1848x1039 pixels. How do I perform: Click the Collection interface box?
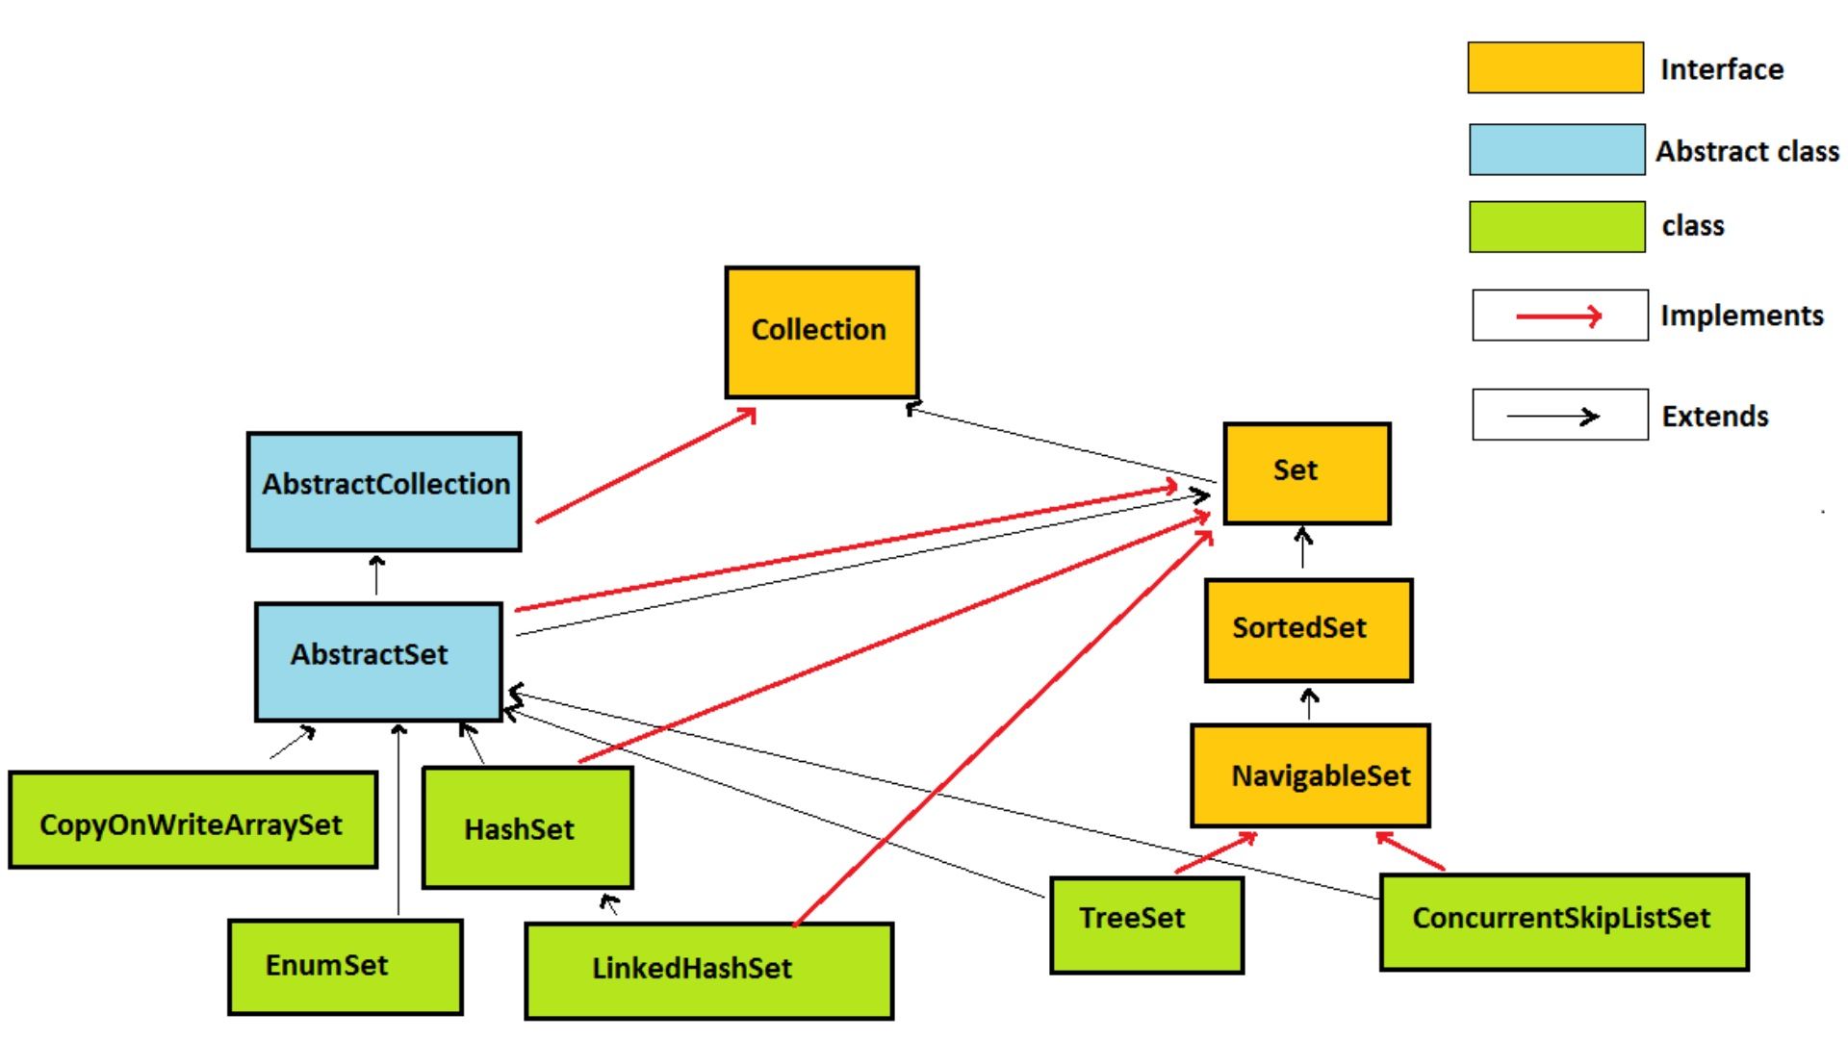point(821,332)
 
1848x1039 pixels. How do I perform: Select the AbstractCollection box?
point(384,492)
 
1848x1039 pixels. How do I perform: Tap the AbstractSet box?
point(378,661)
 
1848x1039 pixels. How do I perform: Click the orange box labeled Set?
point(1306,473)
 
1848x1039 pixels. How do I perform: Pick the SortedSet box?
point(1308,630)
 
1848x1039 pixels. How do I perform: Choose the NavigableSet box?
point(1310,775)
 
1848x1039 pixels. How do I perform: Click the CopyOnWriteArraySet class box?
point(192,820)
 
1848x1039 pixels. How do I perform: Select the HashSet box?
point(527,827)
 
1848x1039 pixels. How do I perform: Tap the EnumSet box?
point(345,966)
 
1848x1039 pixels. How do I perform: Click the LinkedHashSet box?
point(708,970)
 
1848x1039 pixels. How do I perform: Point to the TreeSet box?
point(1146,924)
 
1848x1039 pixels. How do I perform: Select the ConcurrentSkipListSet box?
point(1563,921)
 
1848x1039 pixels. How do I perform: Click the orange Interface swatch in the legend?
point(1554,67)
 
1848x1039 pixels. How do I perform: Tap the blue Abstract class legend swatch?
point(1556,149)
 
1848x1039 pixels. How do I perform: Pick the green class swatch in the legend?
point(1556,226)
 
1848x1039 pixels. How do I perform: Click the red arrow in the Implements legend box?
point(1559,316)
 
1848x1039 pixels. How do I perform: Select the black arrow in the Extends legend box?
point(1553,416)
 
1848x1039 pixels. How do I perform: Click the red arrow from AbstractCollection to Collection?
point(645,466)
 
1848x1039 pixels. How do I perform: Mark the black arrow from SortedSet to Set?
point(1303,548)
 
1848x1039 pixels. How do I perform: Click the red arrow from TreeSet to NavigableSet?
point(1217,852)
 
